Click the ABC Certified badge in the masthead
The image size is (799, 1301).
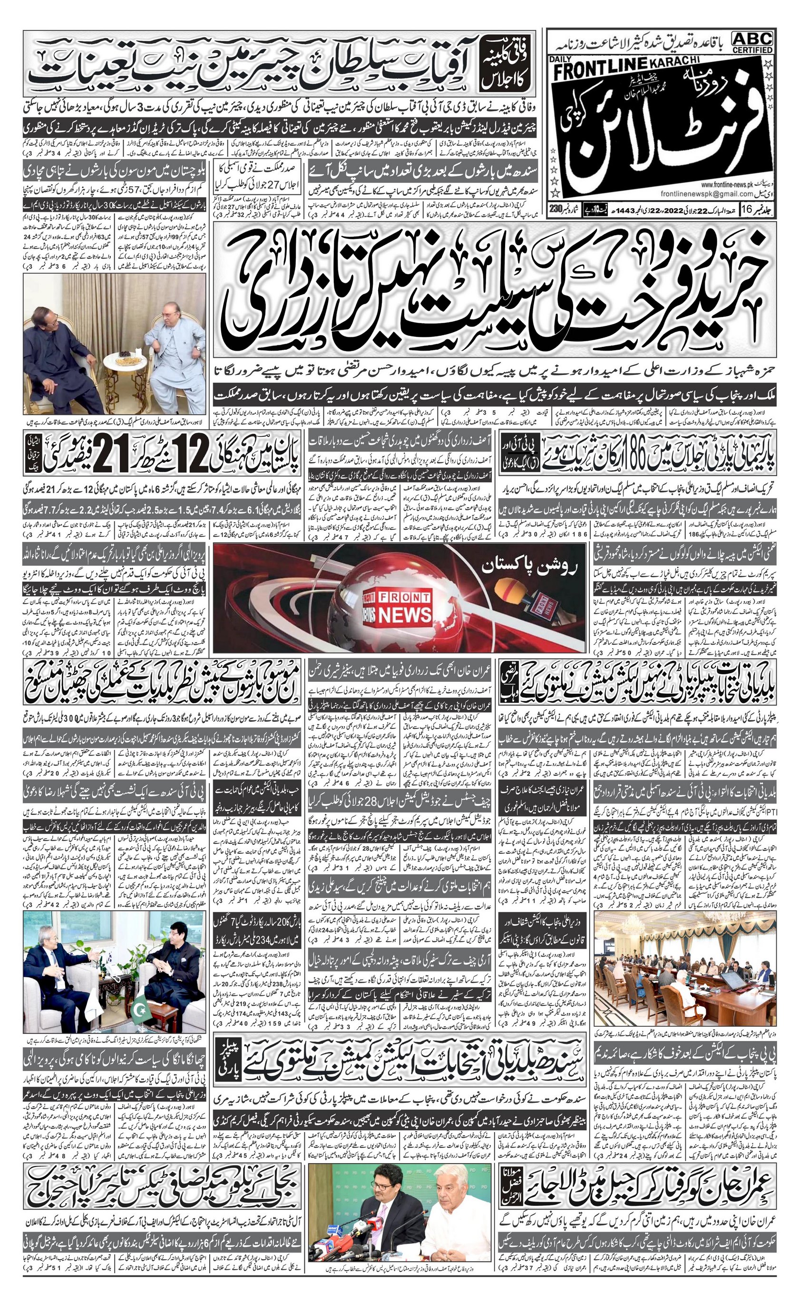(752, 41)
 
